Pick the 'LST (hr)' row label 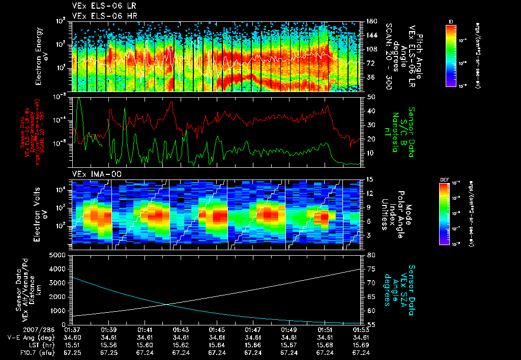point(23,344)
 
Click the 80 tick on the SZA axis point(371,255)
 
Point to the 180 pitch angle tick point(371,21)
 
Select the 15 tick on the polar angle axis point(370,179)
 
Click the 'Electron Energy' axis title point(39,56)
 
